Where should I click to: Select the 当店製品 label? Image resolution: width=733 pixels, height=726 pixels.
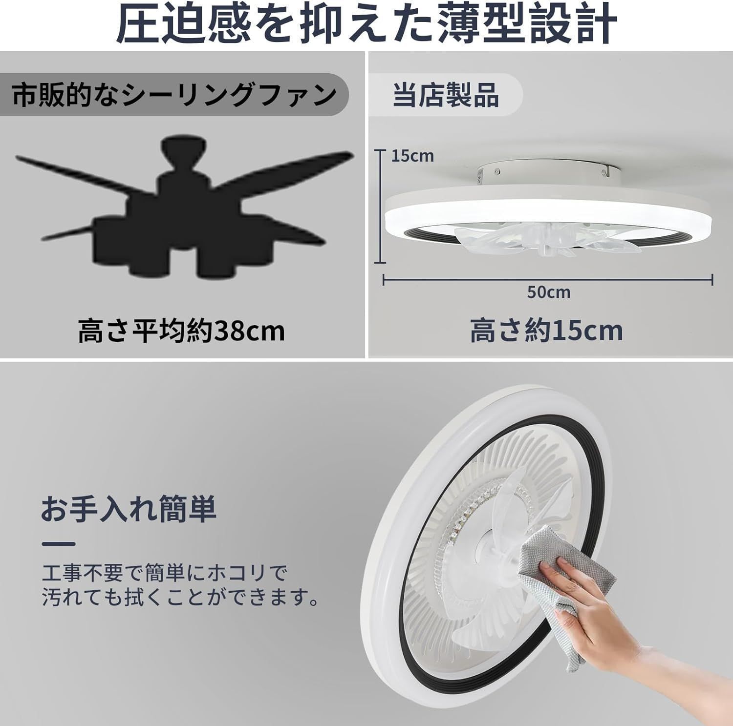(445, 95)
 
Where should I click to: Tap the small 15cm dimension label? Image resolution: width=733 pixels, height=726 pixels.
(412, 156)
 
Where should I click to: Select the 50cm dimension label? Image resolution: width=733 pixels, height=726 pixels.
(548, 292)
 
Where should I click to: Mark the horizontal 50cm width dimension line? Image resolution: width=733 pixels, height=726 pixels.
(547, 280)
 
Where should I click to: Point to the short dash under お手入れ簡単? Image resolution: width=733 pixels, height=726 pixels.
(59, 544)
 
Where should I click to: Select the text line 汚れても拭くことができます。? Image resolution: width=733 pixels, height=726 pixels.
(180, 598)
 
